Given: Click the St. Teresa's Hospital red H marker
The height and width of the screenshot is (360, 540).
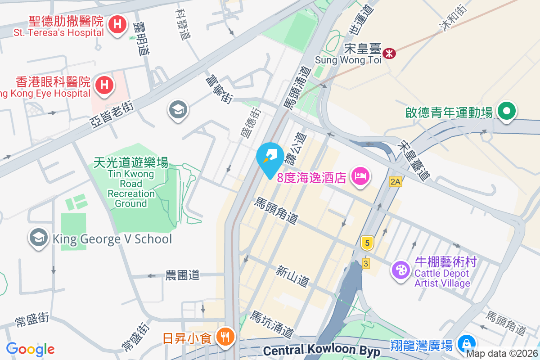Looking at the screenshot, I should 117,24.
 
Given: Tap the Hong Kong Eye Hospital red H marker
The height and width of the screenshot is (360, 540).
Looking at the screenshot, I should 104,84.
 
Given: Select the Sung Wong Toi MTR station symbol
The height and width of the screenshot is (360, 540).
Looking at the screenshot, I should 389,54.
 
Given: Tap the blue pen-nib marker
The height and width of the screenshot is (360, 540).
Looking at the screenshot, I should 270,157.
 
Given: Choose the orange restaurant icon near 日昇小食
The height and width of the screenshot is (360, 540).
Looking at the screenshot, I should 224,336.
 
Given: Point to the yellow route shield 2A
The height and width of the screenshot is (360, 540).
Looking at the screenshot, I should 395,182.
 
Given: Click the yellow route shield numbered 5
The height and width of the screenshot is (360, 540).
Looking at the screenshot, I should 367,243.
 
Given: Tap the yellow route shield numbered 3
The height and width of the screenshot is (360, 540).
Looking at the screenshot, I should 365,264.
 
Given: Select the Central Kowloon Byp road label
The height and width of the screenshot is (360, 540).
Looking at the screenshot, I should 321,351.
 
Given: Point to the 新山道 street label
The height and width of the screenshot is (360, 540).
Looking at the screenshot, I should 293,276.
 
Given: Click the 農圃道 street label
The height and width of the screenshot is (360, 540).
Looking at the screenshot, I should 182,275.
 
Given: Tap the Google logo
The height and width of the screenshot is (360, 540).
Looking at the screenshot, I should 30,349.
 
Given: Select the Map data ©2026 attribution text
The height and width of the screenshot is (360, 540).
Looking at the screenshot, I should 501,354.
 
